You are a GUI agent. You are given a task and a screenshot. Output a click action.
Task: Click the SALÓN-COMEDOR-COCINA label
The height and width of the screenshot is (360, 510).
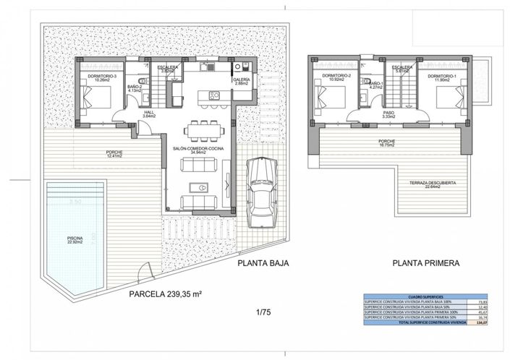[x=197, y=150]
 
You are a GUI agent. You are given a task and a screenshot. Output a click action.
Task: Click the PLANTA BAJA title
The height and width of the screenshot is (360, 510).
[x=263, y=264]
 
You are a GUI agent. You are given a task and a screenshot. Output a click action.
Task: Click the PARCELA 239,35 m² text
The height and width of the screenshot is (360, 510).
[x=165, y=294]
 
